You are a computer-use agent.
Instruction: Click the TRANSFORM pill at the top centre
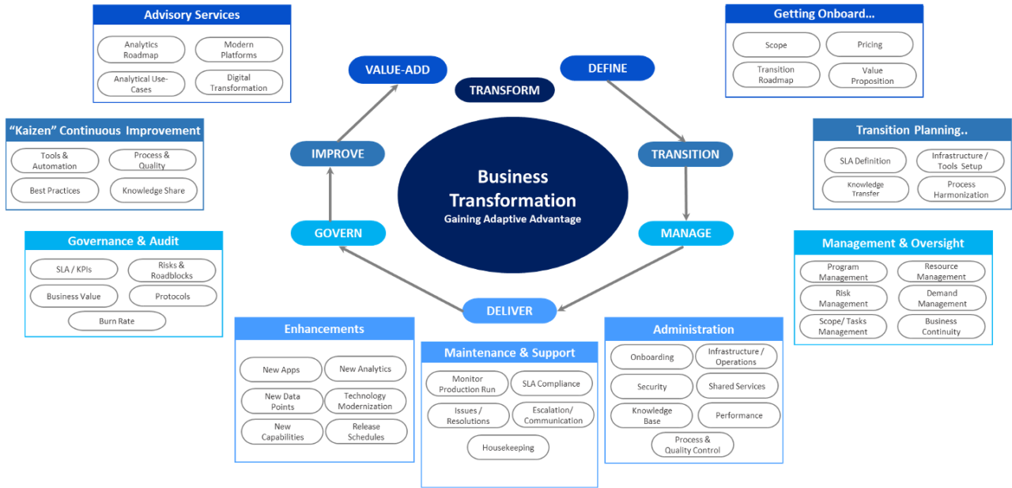click(x=504, y=90)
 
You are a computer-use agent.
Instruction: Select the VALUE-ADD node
click(x=398, y=70)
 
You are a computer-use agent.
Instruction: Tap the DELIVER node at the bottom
click(x=509, y=311)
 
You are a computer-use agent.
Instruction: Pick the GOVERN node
click(x=338, y=233)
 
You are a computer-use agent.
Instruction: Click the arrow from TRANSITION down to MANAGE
click(x=685, y=193)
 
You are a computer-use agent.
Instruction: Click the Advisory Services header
click(x=191, y=15)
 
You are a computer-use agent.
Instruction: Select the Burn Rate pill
click(x=117, y=321)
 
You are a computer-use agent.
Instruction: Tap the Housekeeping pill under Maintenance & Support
click(x=508, y=448)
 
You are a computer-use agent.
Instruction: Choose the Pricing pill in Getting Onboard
click(x=870, y=44)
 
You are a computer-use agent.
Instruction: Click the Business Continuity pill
click(x=941, y=327)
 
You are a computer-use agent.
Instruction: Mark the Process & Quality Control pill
click(x=693, y=444)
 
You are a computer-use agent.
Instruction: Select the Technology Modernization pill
click(x=365, y=401)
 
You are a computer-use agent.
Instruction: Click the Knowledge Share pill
click(x=153, y=191)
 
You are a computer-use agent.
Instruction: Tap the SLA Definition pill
click(x=865, y=161)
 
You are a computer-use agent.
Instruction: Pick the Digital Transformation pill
click(x=239, y=83)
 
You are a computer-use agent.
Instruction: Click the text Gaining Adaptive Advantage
click(x=512, y=219)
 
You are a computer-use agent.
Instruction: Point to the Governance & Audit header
click(x=123, y=241)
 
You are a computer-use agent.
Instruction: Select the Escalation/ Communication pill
click(x=553, y=415)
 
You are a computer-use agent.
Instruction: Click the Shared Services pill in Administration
click(x=737, y=386)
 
